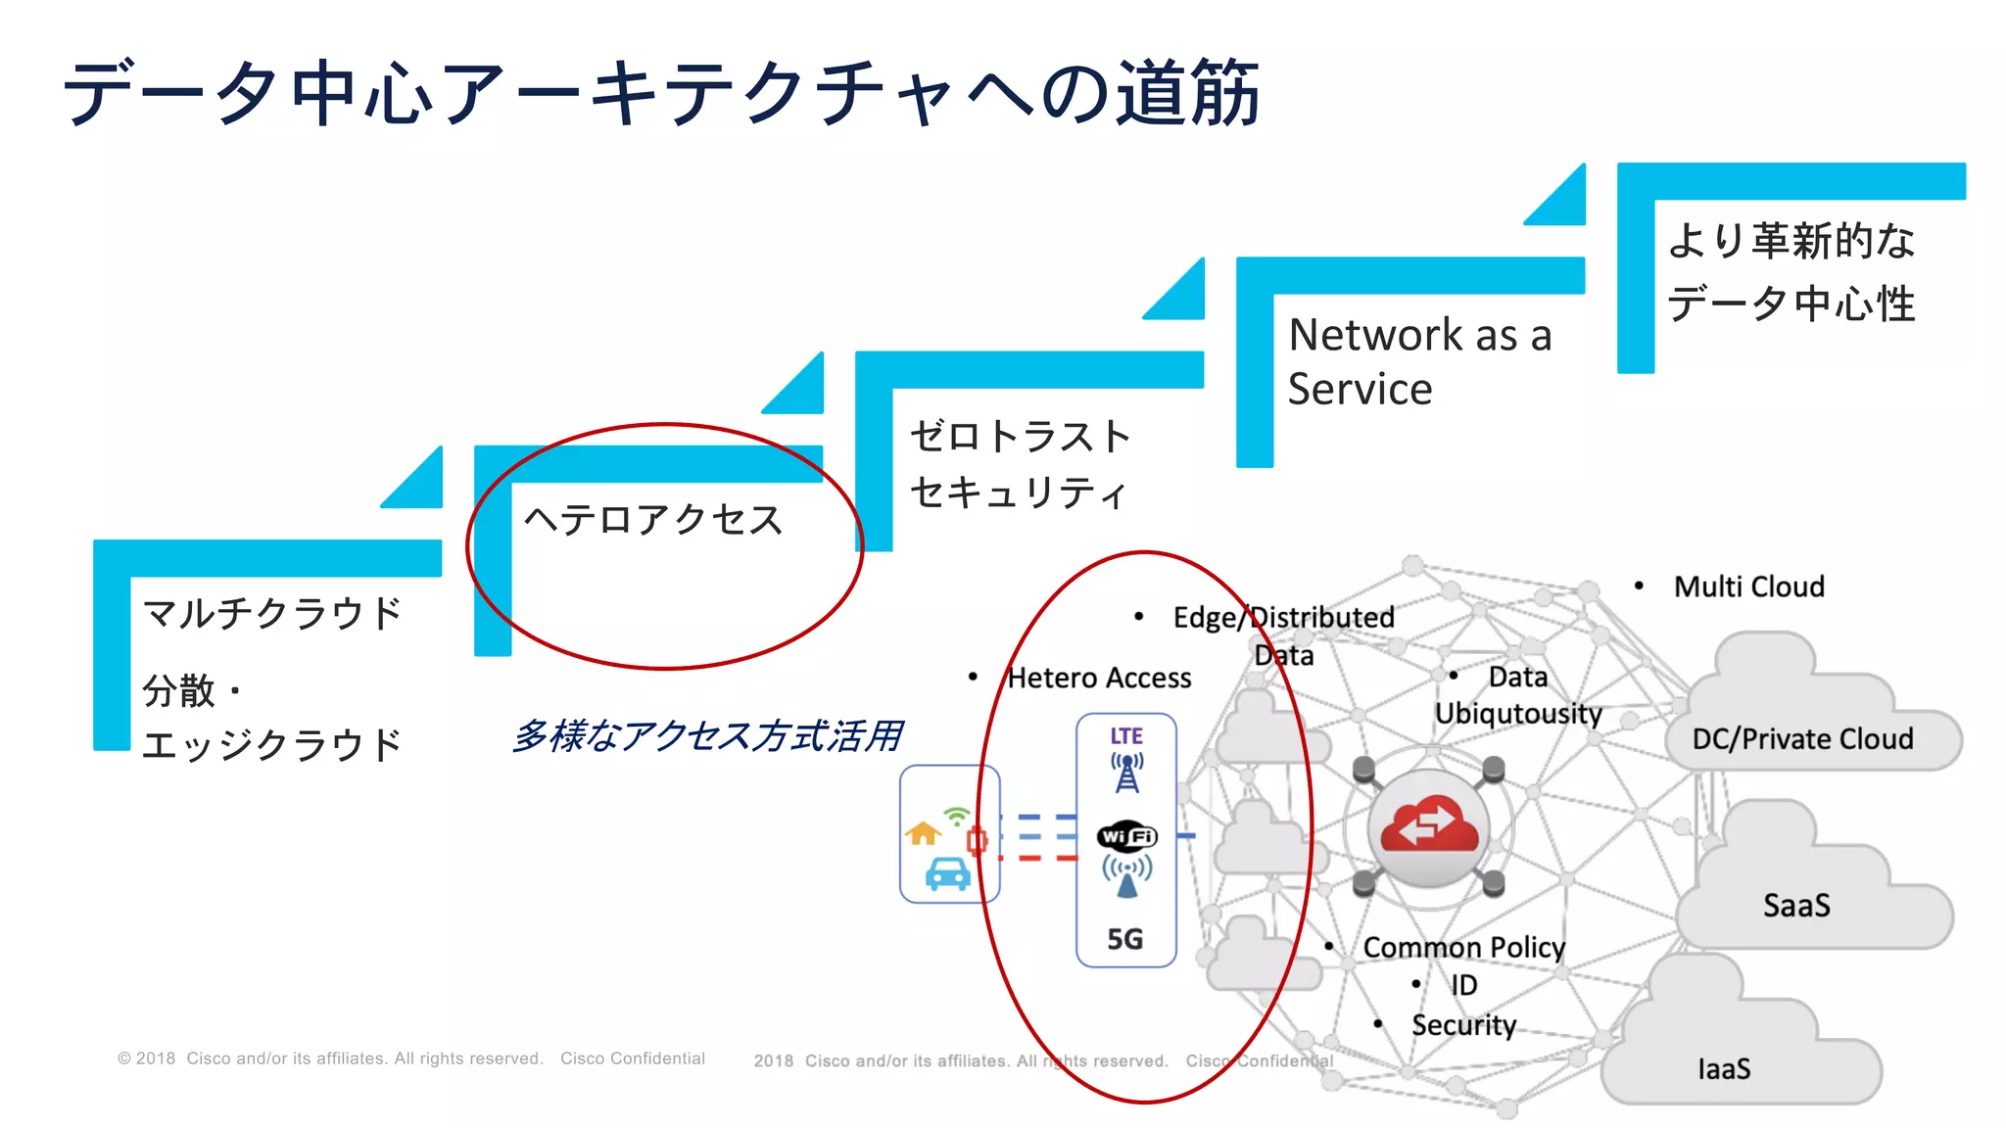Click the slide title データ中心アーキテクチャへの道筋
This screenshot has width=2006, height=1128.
[661, 93]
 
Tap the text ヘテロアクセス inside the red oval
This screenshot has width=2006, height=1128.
[653, 520]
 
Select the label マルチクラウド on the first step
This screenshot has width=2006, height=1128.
[272, 614]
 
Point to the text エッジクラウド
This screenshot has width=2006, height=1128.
[272, 745]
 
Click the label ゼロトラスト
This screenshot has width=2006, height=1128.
[1020, 437]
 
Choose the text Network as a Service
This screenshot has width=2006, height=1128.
[1418, 361]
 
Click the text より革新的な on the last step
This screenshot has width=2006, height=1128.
[1791, 241]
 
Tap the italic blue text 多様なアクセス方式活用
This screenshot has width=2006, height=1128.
[706, 736]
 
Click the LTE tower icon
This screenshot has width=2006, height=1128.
[1126, 773]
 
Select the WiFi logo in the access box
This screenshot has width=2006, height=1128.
[1126, 836]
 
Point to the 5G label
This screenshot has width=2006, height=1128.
[1125, 940]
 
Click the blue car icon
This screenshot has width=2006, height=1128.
[947, 873]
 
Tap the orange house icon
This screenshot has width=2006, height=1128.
[923, 833]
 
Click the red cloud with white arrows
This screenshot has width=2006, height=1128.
[1428, 828]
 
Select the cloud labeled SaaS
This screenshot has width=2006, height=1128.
[1796, 906]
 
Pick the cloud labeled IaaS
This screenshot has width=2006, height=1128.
[1724, 1068]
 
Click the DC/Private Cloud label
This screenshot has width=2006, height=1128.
[1802, 739]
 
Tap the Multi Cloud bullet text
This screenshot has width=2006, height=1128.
[1748, 587]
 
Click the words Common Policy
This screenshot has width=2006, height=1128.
[1463, 948]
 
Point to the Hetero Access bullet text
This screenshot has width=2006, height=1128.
[1099, 678]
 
